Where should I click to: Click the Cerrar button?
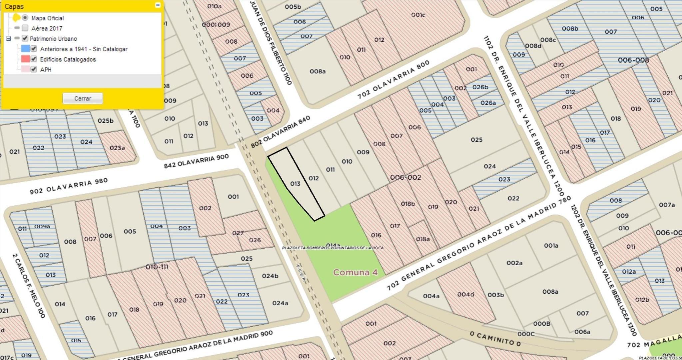(83, 98)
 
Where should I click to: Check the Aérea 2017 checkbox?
(25, 28)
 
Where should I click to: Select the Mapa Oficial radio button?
(25, 18)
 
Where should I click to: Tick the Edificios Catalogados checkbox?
(34, 59)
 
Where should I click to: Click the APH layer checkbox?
(34, 69)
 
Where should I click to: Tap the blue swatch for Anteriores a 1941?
(25, 49)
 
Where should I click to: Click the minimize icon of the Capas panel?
(158, 5)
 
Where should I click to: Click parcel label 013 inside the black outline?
(295, 184)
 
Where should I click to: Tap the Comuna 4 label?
(355, 272)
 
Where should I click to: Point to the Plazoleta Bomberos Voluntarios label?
(333, 248)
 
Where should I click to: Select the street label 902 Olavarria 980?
(69, 186)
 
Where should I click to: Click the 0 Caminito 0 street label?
(495, 339)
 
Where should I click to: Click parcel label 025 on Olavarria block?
(476, 140)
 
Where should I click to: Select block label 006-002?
(405, 177)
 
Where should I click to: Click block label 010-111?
(157, 267)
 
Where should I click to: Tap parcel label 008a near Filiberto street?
(317, 71)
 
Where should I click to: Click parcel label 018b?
(408, 204)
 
